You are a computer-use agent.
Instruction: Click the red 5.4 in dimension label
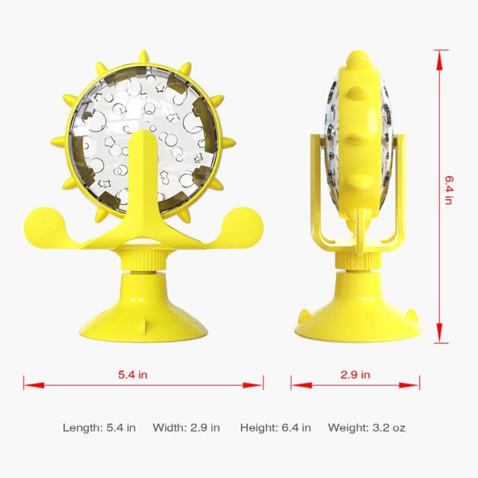(132, 374)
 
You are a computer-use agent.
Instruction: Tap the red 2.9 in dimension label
(355, 374)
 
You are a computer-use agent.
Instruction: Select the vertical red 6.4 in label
(449, 190)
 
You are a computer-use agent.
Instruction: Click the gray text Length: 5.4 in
(99, 427)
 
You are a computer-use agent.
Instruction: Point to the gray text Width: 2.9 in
(186, 427)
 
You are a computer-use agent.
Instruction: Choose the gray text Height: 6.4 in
(275, 427)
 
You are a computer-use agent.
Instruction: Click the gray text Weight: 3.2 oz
(367, 427)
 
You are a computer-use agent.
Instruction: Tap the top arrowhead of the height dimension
(439, 60)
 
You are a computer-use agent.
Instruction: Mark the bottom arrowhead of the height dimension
(439, 333)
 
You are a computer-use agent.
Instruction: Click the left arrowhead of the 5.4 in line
(34, 385)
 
